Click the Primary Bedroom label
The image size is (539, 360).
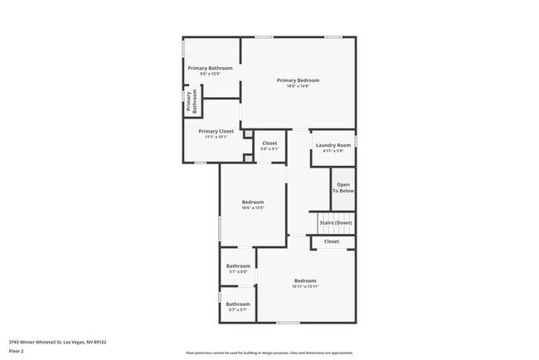tap(298, 80)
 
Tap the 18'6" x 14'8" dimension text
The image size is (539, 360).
tap(298, 86)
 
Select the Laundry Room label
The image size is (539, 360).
tap(333, 145)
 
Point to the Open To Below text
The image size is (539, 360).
tap(343, 187)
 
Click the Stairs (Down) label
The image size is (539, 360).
tap(336, 222)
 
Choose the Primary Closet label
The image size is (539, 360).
tap(216, 131)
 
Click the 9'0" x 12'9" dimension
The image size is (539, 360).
tap(210, 74)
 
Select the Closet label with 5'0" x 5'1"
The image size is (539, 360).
tap(269, 143)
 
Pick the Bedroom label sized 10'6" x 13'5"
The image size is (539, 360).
tap(253, 202)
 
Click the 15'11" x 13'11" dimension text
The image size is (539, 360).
tap(305, 287)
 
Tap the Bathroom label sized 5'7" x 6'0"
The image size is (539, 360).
tap(238, 265)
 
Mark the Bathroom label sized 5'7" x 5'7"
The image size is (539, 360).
tap(238, 304)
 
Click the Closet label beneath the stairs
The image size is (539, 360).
tap(332, 241)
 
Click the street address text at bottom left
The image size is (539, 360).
tap(57, 341)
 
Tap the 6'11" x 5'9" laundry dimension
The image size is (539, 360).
tap(333, 151)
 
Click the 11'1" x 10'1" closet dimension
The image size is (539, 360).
tap(216, 137)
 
